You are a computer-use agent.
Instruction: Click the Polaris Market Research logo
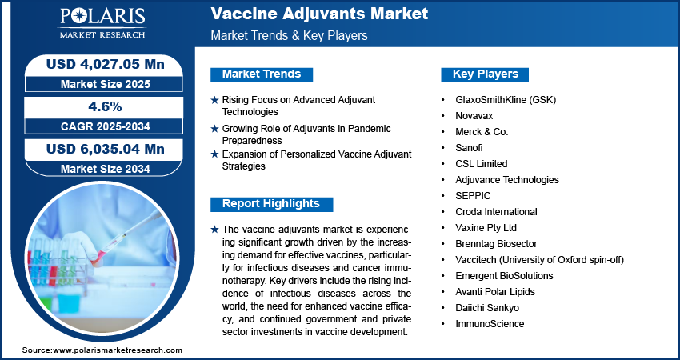point(102,23)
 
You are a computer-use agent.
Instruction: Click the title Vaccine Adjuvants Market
point(319,14)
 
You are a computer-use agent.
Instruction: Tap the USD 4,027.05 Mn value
point(106,64)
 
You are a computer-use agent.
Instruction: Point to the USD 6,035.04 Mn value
point(106,149)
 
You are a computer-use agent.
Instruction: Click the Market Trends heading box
point(262,74)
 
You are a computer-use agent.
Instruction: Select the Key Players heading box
point(485,74)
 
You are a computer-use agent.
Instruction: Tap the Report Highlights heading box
point(271,204)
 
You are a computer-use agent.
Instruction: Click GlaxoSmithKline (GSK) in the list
point(506,100)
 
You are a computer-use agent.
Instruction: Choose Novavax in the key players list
point(474,116)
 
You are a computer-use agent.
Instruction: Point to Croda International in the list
point(496,212)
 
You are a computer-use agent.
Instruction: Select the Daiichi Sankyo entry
point(487,308)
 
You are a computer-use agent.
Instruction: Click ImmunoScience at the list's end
point(490,323)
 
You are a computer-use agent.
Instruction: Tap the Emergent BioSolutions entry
point(504,276)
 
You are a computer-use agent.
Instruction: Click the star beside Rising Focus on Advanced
point(214,100)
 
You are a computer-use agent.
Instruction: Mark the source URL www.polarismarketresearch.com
point(118,350)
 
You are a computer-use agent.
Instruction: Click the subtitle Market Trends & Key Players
point(290,35)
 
